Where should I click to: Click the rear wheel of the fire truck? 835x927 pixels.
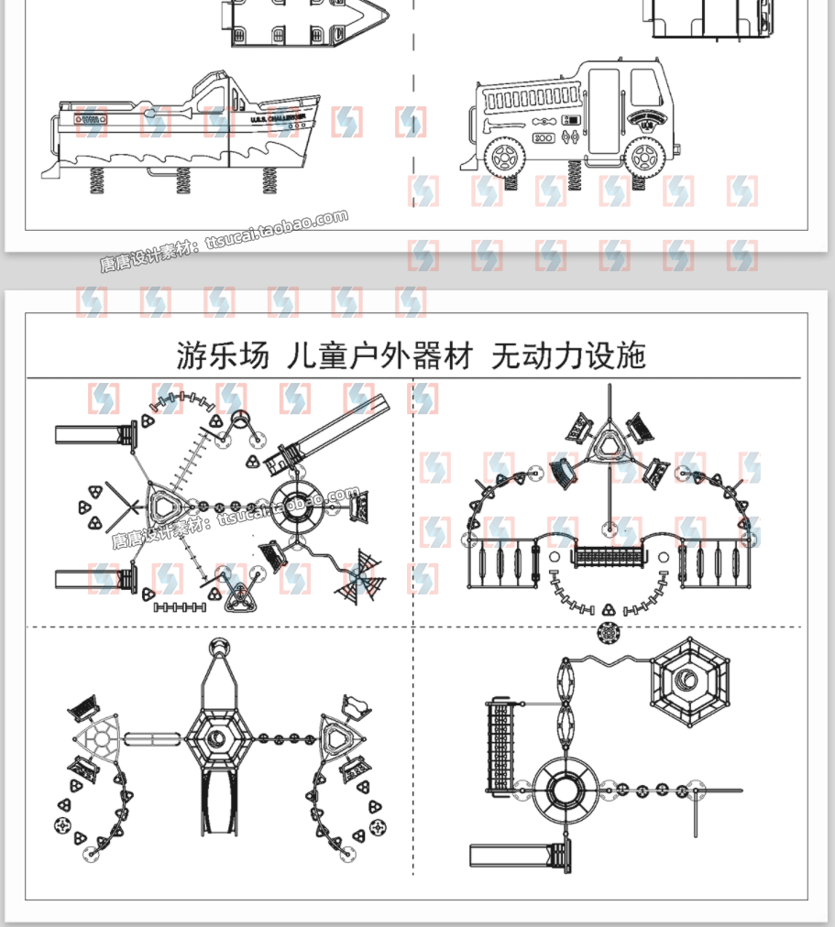[x=502, y=157]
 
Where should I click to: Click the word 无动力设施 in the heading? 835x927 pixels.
[x=568, y=354]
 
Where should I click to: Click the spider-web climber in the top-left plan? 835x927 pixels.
[x=359, y=575]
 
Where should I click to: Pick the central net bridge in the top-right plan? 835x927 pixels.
[x=610, y=555]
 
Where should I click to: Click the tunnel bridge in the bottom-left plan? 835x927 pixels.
[x=151, y=738]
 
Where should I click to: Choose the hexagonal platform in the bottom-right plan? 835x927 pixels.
[x=687, y=681]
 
